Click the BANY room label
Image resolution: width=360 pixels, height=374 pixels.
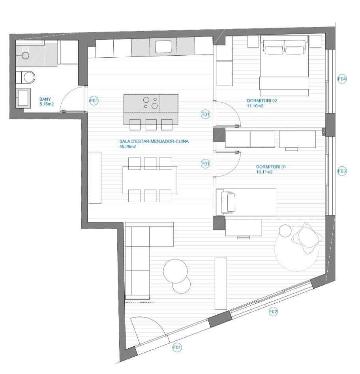point(45,99)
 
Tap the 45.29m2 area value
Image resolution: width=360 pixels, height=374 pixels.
point(128,147)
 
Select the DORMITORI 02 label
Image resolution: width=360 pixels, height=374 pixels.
point(262,101)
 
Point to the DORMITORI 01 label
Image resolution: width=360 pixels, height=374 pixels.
point(271,167)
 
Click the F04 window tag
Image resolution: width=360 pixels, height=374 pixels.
point(342,79)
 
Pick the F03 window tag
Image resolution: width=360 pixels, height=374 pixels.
point(342,171)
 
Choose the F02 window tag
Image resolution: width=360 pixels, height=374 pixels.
point(273,312)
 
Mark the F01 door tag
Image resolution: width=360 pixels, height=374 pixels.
point(177,348)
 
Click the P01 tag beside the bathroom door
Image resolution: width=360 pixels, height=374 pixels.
point(94,101)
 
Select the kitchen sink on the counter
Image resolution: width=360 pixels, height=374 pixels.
point(163,47)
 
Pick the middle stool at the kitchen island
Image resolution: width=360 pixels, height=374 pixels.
point(151,124)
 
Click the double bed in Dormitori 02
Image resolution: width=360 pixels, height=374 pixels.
point(284,66)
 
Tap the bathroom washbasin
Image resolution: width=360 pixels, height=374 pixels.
point(23,97)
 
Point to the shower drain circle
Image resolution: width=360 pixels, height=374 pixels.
point(25,56)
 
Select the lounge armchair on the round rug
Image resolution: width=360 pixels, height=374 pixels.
point(307,238)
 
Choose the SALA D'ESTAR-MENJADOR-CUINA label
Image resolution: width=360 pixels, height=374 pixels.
point(154,141)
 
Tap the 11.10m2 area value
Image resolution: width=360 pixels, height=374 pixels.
point(255,106)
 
